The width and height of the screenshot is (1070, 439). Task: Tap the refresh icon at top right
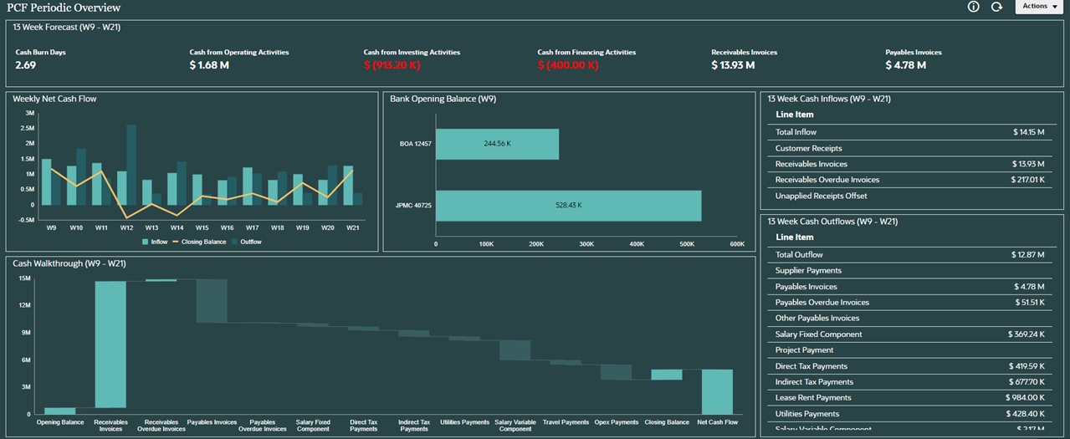(x=996, y=7)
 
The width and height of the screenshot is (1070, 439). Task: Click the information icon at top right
(x=973, y=7)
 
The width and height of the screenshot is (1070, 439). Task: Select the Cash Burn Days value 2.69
(x=26, y=65)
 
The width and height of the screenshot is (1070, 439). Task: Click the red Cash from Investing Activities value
(x=392, y=65)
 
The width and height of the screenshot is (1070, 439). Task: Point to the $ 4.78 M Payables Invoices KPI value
(x=905, y=65)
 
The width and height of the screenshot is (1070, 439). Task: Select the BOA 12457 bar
(x=497, y=144)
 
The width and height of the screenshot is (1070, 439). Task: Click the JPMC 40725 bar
(x=568, y=205)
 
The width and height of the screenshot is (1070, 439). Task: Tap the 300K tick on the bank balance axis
(x=586, y=244)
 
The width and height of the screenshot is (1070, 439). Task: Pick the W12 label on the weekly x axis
(x=126, y=227)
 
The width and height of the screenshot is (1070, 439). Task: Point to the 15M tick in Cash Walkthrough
(x=23, y=278)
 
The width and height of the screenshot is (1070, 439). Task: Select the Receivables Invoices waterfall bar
(x=110, y=344)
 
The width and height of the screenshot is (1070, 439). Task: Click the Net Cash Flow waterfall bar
(x=717, y=391)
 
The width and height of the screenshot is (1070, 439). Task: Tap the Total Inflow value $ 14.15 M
(x=1028, y=132)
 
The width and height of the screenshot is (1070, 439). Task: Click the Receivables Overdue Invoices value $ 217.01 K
(x=1026, y=180)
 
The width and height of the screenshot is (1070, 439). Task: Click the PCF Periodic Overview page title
(x=64, y=8)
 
